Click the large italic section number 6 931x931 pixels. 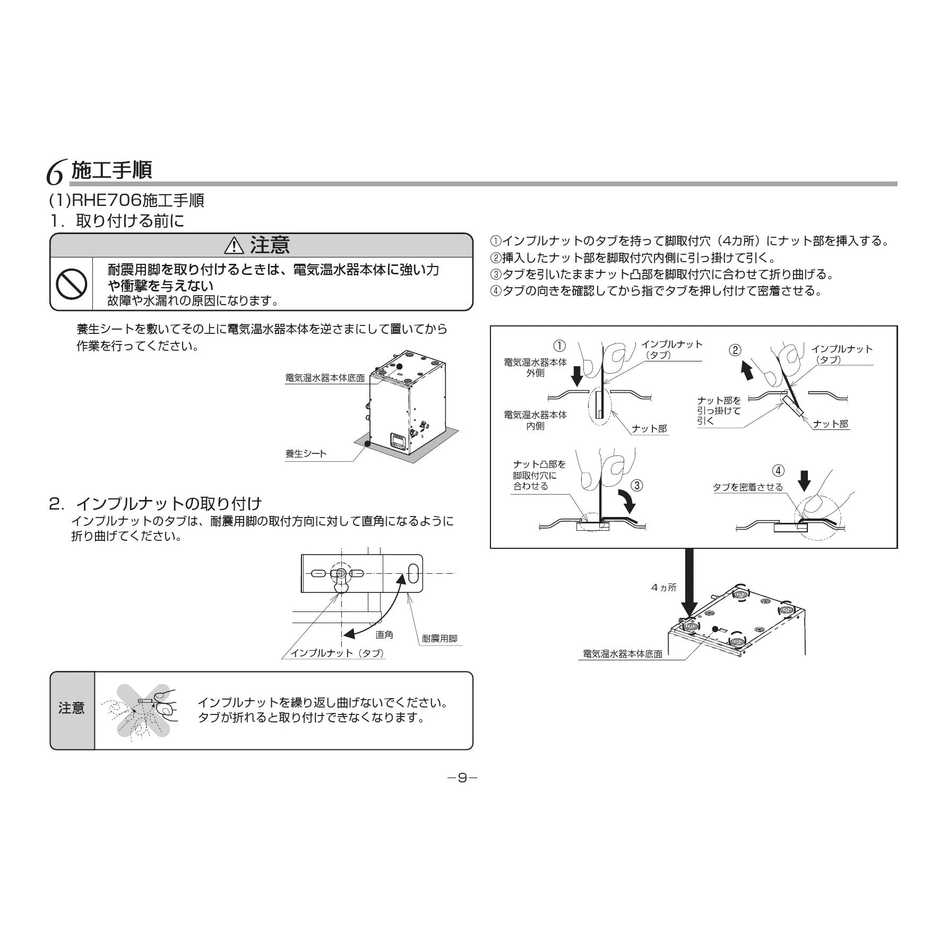(x=56, y=173)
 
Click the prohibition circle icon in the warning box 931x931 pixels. (x=72, y=284)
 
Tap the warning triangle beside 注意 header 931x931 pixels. (x=234, y=246)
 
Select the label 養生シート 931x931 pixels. (x=306, y=454)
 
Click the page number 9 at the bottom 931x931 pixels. (x=462, y=778)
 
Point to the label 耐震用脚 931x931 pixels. (x=439, y=639)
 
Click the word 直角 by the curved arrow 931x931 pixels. (x=384, y=634)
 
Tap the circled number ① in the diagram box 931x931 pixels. (x=559, y=346)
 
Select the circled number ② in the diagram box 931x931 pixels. (x=735, y=350)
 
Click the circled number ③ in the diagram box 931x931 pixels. (x=637, y=485)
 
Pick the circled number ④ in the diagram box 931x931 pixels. (x=778, y=471)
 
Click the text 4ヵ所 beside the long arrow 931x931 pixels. (x=663, y=588)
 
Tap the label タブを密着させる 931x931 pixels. (x=747, y=487)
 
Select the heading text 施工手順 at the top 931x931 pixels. (x=111, y=170)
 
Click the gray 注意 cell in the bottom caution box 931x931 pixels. (x=72, y=710)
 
